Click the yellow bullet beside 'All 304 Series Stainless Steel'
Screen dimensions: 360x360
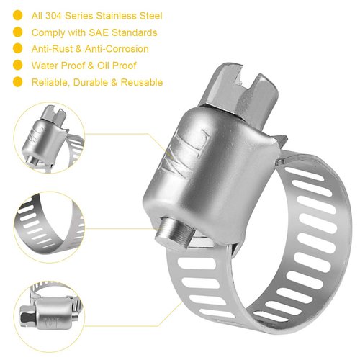[15, 16]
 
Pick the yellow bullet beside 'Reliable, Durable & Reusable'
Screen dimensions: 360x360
[15, 82]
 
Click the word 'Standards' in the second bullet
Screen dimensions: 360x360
[135, 32]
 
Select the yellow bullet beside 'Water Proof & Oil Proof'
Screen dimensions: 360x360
[15, 66]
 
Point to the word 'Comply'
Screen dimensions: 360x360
[47, 32]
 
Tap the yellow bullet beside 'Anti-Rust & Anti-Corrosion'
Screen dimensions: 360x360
[15, 49]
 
